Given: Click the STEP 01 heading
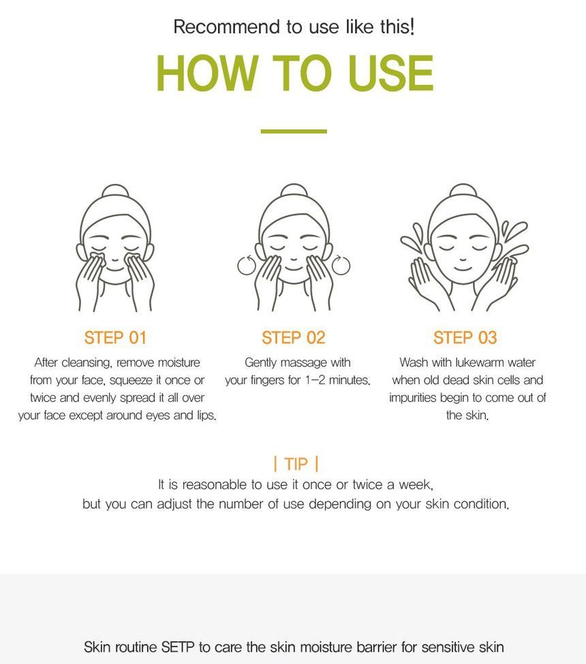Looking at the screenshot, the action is point(115,338).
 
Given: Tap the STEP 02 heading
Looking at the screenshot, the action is point(293,338).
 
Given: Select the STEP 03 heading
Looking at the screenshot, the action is point(465,338).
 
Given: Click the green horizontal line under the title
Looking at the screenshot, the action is point(294,131).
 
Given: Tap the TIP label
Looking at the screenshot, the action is point(296,464).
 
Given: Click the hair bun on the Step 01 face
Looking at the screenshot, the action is point(115,191).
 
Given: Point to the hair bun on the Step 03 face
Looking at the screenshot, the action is point(463,190).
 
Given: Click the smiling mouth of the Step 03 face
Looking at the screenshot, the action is point(463,268).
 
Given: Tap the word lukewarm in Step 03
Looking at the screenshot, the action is point(480,362).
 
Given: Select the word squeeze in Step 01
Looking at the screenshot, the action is point(131,381).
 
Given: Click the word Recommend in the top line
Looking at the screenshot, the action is point(227,27).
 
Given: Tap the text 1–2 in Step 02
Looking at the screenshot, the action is point(315,380).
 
